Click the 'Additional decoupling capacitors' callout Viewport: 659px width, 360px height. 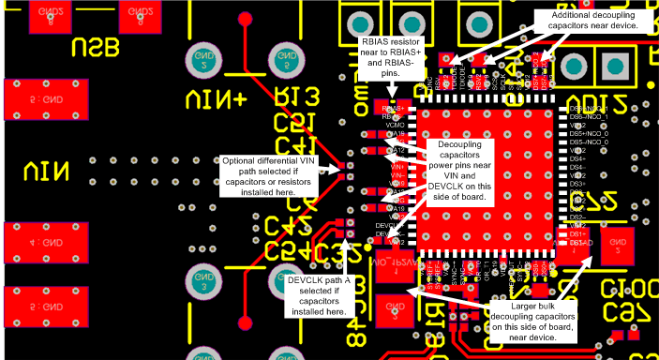(594, 21)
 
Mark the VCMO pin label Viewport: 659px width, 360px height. (395, 125)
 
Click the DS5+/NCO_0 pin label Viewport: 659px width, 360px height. (590, 133)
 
